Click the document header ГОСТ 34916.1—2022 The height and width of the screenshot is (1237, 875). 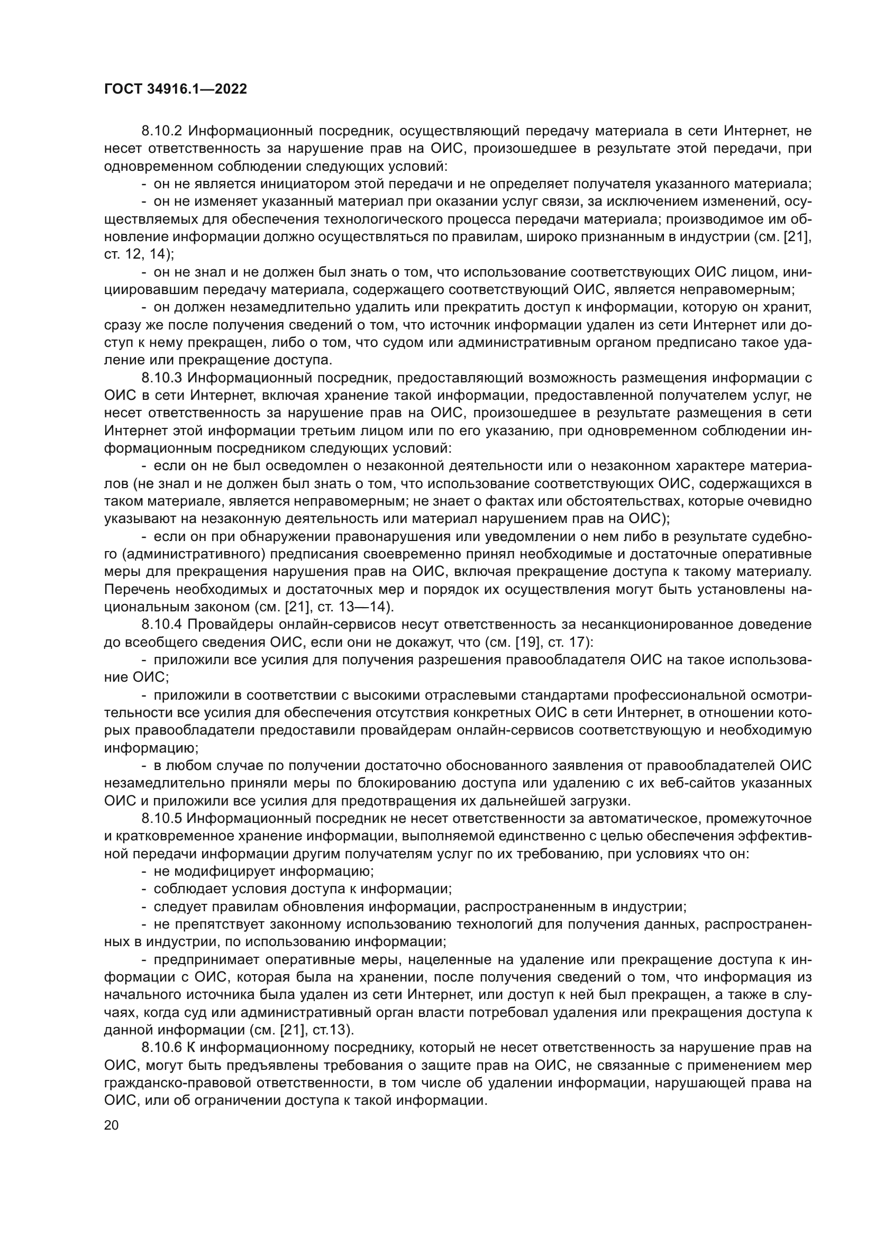click(x=175, y=89)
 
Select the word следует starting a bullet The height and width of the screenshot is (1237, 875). click(x=178, y=907)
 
